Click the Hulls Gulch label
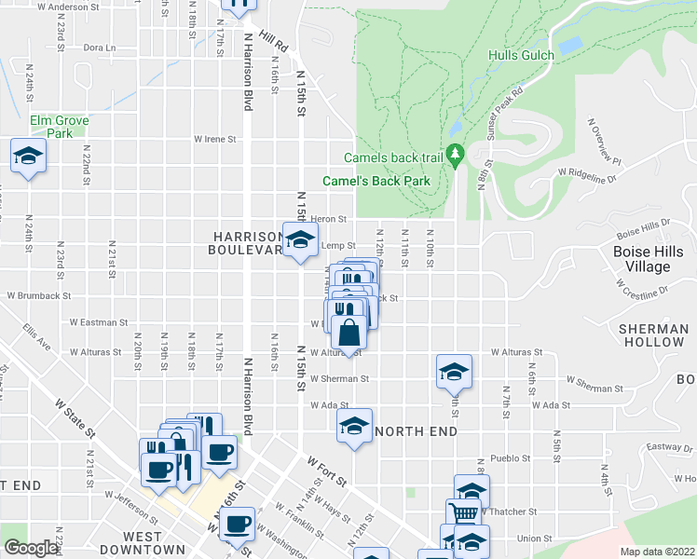point(522,55)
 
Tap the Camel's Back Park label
point(376,179)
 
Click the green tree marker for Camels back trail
point(456,154)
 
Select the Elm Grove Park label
point(59,127)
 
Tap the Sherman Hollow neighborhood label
point(651,335)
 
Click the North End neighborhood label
point(416,432)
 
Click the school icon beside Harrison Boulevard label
point(299,241)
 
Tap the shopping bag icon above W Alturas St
point(348,333)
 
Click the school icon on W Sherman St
point(454,372)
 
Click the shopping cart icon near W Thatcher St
point(464,513)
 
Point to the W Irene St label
point(215,139)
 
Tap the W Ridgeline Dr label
point(587,172)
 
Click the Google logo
point(32,548)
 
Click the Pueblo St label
point(512,458)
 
